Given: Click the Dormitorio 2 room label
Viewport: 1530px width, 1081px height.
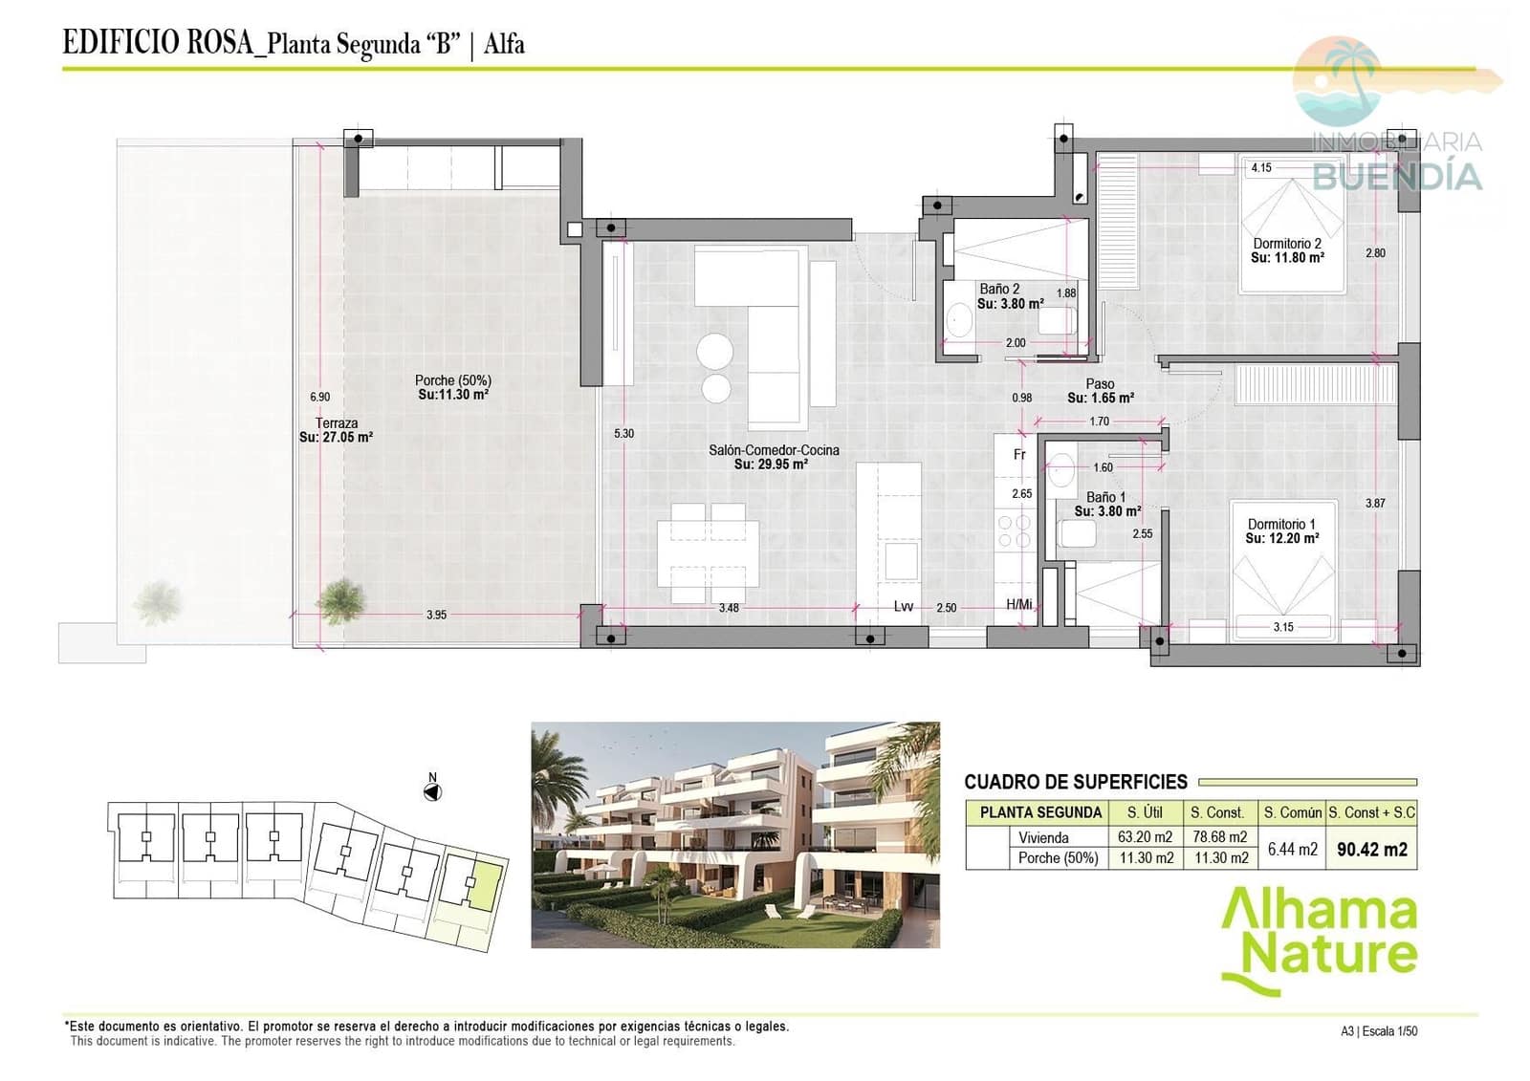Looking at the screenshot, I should [x=1287, y=244].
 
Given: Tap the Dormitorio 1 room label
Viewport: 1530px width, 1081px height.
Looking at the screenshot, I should [x=1281, y=525].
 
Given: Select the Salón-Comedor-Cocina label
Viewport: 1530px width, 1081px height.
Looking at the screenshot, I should [x=774, y=450].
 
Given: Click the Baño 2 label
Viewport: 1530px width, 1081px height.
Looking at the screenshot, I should [x=999, y=289].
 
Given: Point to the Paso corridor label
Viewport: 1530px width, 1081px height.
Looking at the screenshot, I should [x=1100, y=383].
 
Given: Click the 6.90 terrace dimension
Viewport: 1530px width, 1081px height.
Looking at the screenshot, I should [x=319, y=397].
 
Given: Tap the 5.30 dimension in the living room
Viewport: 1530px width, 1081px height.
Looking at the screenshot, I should [x=623, y=433].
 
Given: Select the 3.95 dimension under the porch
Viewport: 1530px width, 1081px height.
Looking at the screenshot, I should [x=436, y=615].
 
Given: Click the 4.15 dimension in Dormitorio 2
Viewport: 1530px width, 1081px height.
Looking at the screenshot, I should [x=1261, y=168].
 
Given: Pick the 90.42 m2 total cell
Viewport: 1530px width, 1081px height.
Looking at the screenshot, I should [x=1371, y=849].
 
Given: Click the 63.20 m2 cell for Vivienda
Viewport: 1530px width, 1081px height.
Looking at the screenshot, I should [x=1145, y=837].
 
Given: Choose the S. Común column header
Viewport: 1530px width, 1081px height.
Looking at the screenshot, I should [x=1292, y=812].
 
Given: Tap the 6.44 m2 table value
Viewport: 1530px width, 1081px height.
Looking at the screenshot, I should [x=1292, y=849].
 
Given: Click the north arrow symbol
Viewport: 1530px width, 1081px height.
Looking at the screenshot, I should [x=432, y=791].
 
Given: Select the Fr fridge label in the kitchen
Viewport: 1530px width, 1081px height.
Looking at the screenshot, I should [x=1019, y=455].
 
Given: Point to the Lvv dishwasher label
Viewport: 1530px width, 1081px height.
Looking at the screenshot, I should [x=903, y=607].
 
